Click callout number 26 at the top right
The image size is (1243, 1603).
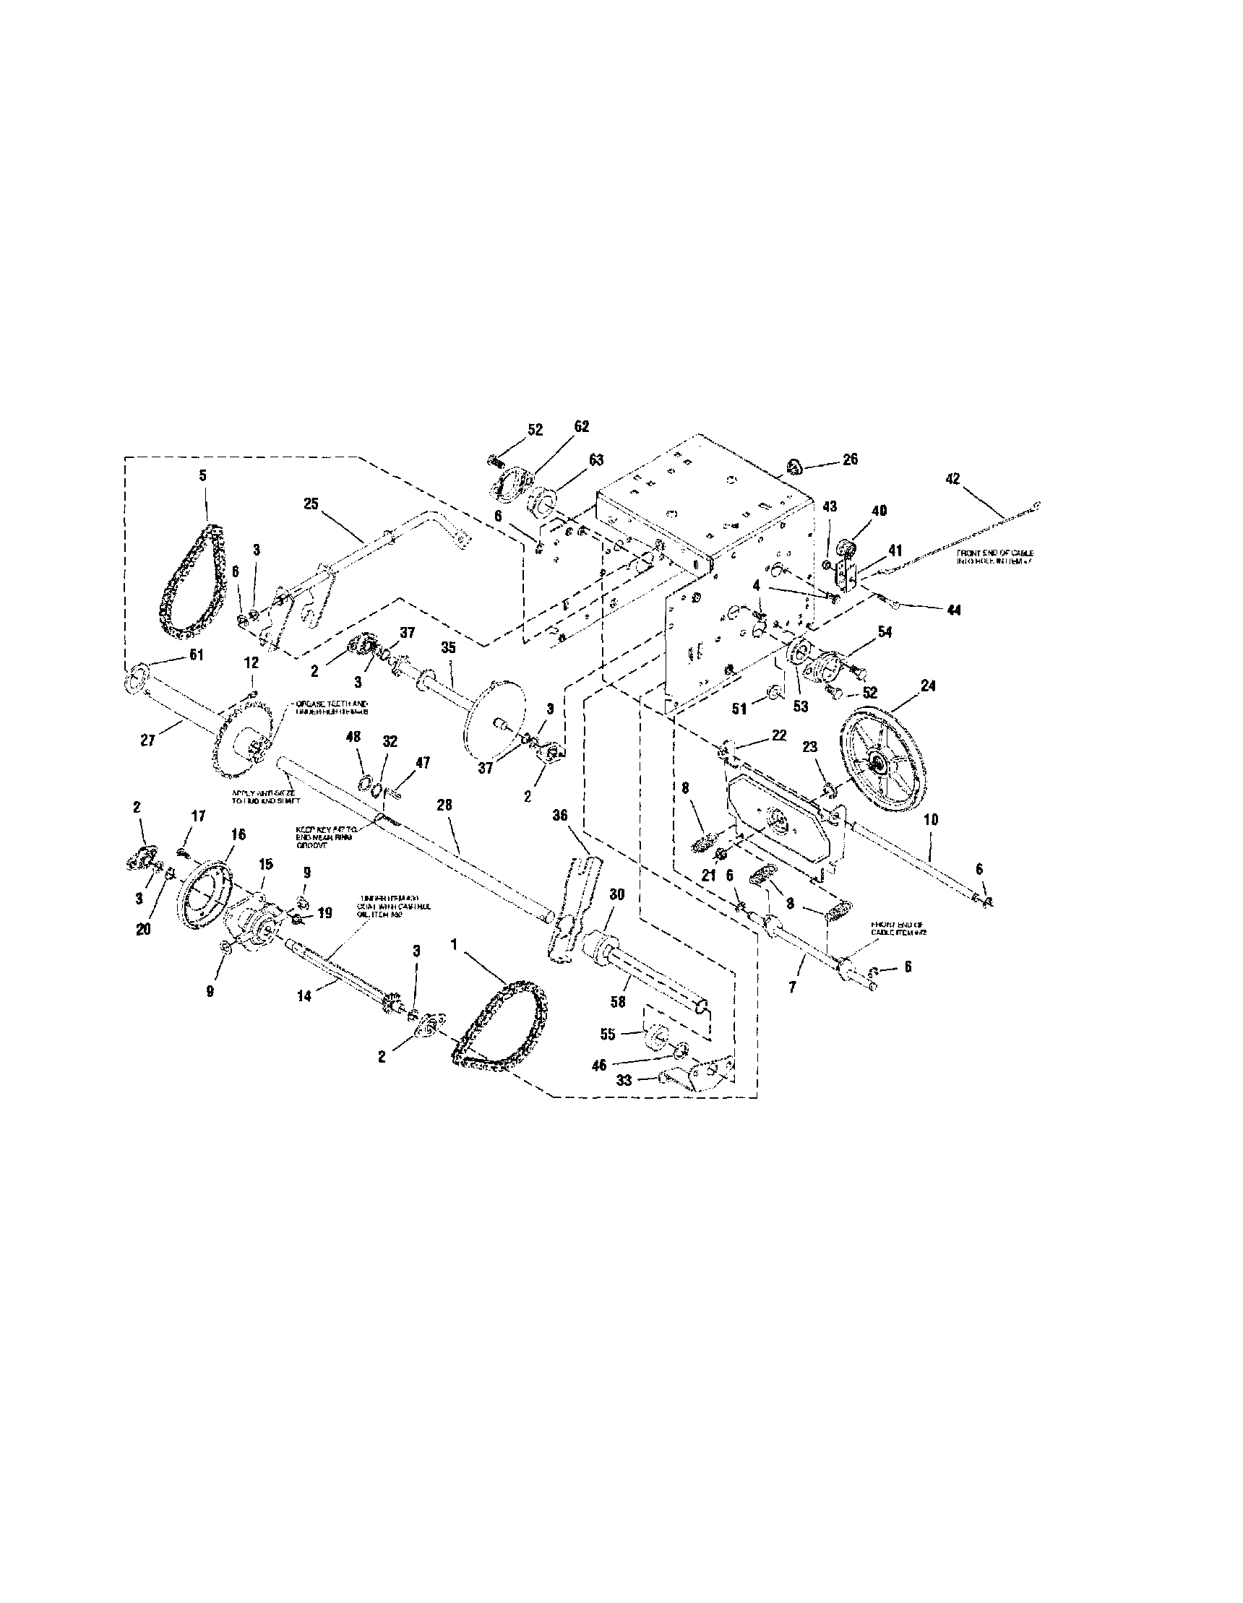[x=850, y=460]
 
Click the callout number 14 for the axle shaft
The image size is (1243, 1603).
[x=305, y=996]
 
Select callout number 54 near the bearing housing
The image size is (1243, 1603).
[x=885, y=632]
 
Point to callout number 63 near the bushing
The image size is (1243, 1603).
[x=595, y=460]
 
